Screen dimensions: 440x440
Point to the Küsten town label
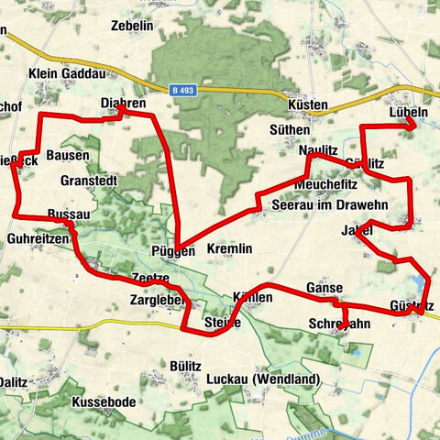click(x=307, y=105)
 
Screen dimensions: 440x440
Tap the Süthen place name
click(x=291, y=130)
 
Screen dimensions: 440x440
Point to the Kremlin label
click(x=229, y=249)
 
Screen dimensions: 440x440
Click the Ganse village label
click(x=324, y=287)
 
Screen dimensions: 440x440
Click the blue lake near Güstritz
click(x=420, y=283)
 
